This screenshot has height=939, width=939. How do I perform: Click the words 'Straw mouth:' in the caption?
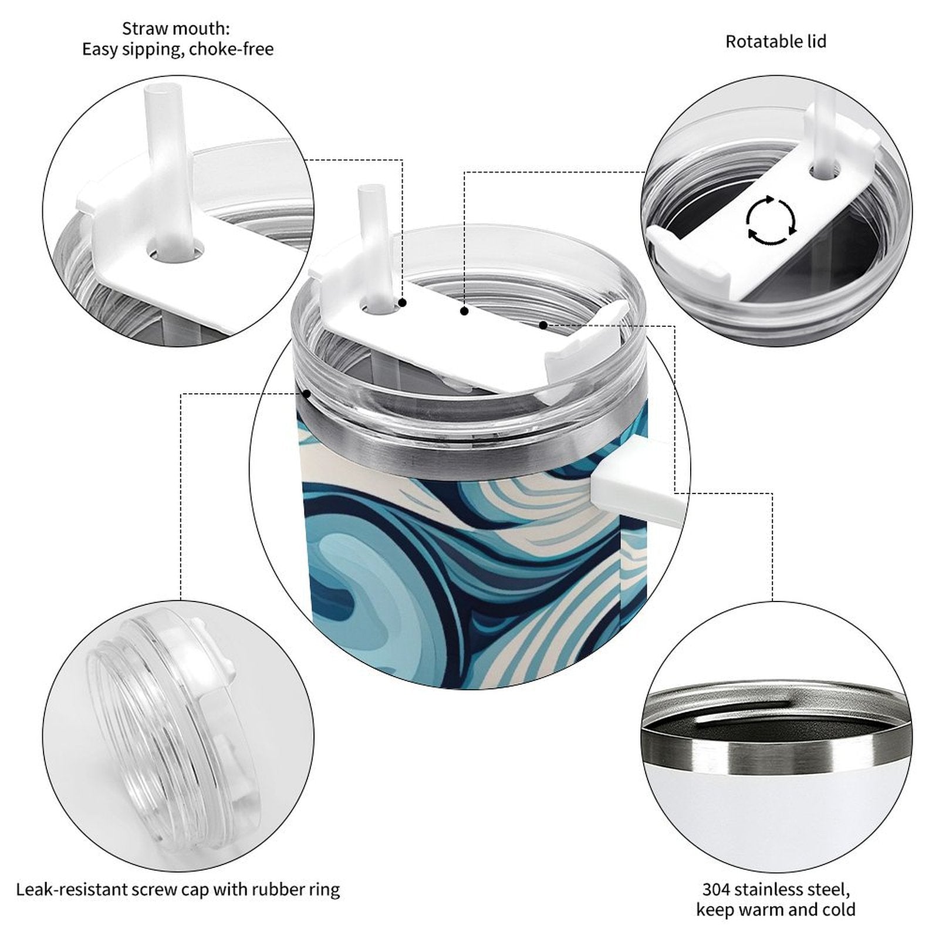tap(176, 28)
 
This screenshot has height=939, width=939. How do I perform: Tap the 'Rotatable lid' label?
tap(776, 42)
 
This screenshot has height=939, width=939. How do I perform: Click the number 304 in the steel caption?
tap(717, 889)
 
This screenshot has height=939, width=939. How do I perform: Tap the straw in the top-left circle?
tap(169, 170)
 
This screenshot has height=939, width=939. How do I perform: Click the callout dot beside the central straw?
tap(403, 303)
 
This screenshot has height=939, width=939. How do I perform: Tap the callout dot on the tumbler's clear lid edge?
tap(306, 393)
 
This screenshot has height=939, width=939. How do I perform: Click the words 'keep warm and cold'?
tap(776, 910)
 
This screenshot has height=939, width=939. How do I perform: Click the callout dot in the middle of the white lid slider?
tap(464, 311)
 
